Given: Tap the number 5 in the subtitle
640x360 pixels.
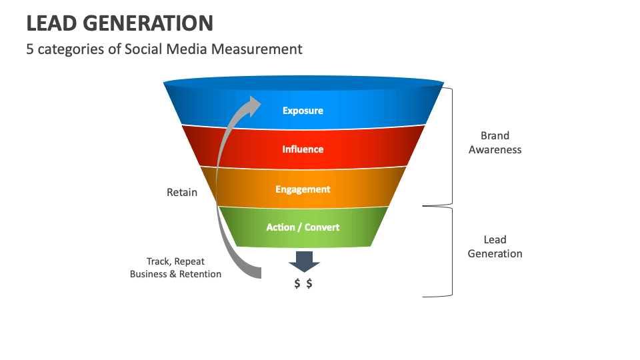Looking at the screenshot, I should coord(30,49).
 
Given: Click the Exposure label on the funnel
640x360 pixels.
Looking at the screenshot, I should coord(303,111).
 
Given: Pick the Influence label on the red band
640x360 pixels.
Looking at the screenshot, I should coord(303,149).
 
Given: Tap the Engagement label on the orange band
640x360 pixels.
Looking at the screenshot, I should coord(303,189).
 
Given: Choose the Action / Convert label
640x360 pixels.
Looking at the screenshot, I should coord(303,227).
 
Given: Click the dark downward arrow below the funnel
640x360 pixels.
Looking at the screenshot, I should coord(304,261).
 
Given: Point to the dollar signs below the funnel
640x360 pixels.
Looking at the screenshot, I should coord(303,283).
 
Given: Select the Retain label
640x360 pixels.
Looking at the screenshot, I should coord(182,192).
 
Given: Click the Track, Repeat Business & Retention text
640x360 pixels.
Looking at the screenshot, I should coord(175,268).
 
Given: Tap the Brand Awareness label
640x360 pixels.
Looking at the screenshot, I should coord(495,143).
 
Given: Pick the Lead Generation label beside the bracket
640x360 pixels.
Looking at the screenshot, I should coord(495,247).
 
